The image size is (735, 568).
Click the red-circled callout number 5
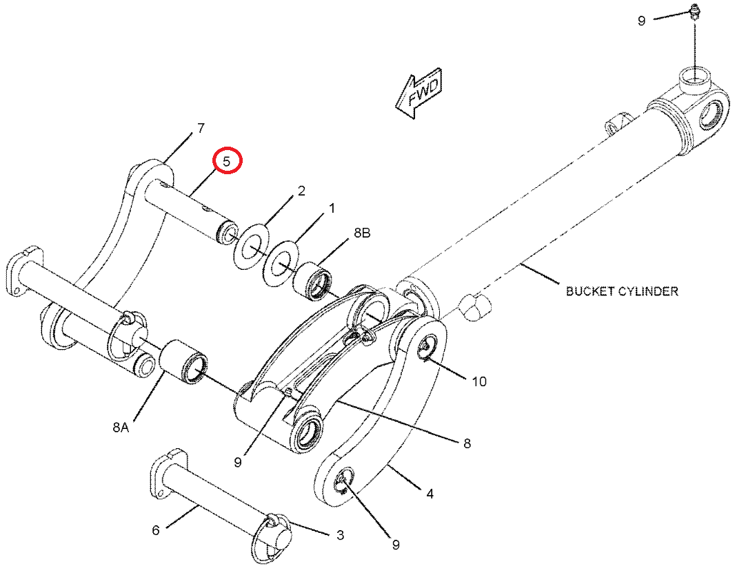[x=227, y=162]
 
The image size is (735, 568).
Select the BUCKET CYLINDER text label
[x=622, y=291]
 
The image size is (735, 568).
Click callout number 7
[x=201, y=128]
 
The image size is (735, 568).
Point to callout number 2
[x=301, y=191]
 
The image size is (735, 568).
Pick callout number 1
[x=332, y=208]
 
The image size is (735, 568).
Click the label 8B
[x=362, y=233]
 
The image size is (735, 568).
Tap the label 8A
[x=121, y=427]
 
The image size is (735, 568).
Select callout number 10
[x=479, y=382]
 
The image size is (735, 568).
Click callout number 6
[x=156, y=530]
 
